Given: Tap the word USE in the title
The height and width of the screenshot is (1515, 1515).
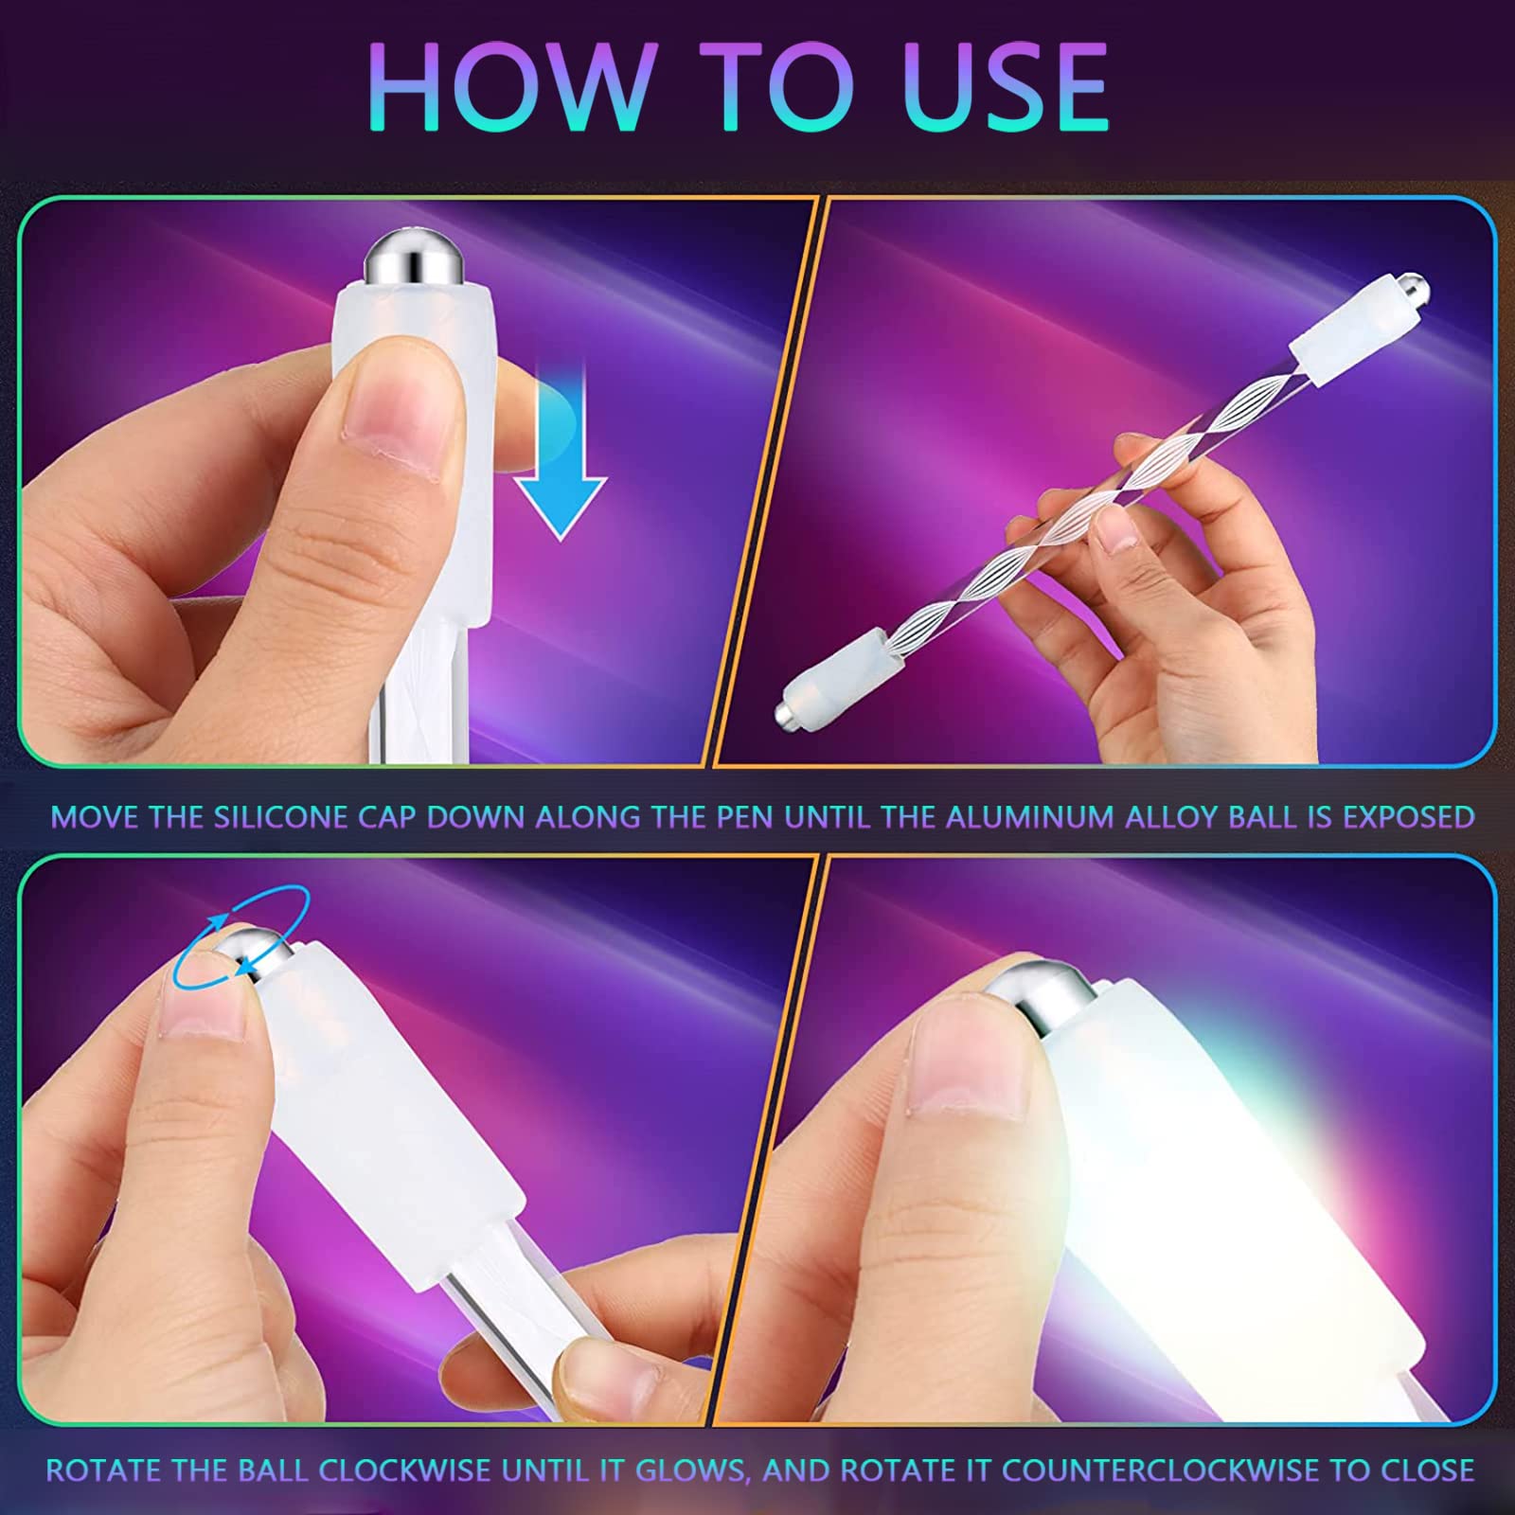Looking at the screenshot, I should pos(1004,87).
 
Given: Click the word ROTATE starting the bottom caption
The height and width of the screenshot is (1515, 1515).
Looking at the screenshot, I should pos(103,1470).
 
